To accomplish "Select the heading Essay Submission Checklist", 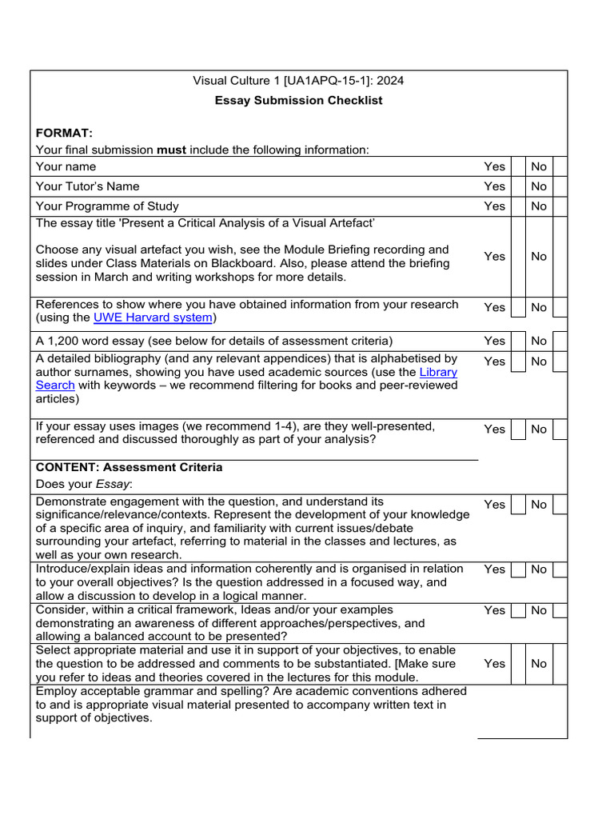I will click(x=299, y=100).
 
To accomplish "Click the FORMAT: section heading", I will click(x=64, y=132).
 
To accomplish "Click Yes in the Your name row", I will click(x=494, y=166).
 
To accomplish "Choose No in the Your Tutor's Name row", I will click(x=539, y=186).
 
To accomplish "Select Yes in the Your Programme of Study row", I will click(x=494, y=206).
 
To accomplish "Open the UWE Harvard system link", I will click(x=153, y=318).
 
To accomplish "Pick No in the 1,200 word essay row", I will click(x=539, y=341).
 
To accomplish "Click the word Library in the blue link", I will click(x=438, y=372).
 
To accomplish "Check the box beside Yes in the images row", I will click(x=518, y=429).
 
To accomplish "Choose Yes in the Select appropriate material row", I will click(x=494, y=663).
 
